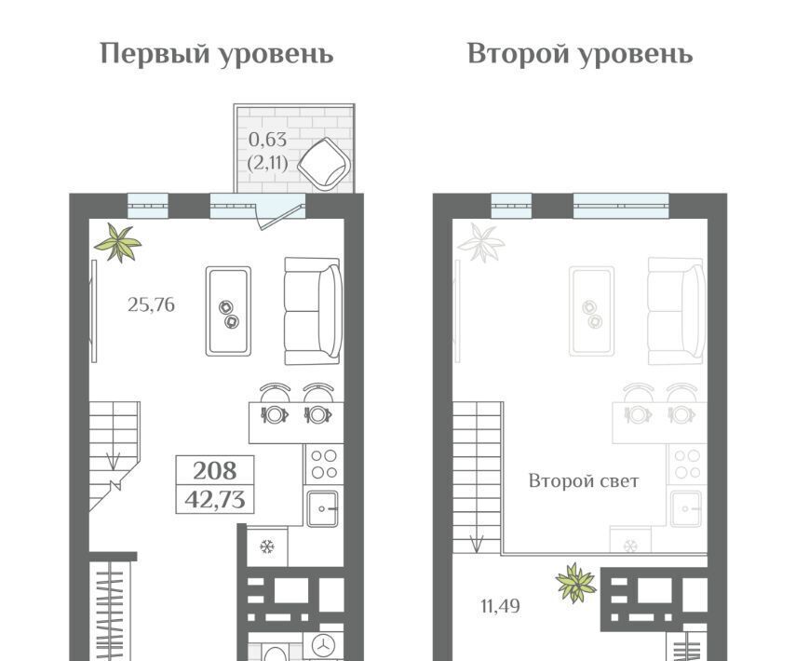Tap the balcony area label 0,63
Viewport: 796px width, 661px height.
click(267, 140)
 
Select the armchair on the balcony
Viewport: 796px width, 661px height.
click(325, 164)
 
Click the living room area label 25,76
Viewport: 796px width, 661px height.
click(151, 304)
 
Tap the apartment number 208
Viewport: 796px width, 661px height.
click(215, 471)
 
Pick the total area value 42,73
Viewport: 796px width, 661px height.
click(215, 500)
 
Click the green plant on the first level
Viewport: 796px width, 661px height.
click(118, 243)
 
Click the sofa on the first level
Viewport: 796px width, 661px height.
click(312, 311)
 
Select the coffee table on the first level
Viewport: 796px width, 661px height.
click(228, 311)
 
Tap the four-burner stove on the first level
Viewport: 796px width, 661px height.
click(324, 464)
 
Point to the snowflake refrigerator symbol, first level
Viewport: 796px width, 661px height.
click(267, 546)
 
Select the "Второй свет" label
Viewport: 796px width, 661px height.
click(584, 480)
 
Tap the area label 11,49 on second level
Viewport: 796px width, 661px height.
click(501, 606)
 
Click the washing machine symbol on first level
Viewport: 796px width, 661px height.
click(323, 646)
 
